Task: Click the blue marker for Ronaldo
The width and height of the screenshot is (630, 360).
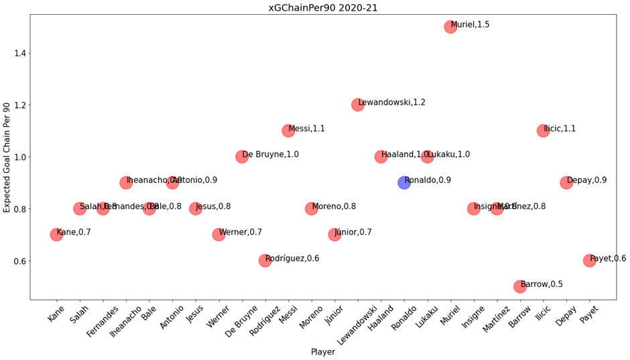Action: pyautogui.click(x=404, y=182)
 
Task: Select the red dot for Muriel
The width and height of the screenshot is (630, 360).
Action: pyautogui.click(x=450, y=27)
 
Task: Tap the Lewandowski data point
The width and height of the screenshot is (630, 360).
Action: pyautogui.click(x=358, y=105)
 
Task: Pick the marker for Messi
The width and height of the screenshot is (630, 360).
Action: pyautogui.click(x=288, y=131)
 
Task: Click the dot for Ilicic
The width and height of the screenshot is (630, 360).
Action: pyautogui.click(x=544, y=131)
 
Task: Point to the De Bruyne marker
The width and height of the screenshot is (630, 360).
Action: pyautogui.click(x=242, y=156)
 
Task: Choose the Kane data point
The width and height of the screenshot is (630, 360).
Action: pyautogui.click(x=56, y=235)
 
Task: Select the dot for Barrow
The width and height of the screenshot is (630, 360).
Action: pyautogui.click(x=520, y=286)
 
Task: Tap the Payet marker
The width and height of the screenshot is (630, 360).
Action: pyautogui.click(x=590, y=260)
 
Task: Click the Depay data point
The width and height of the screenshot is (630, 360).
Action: pyautogui.click(x=566, y=182)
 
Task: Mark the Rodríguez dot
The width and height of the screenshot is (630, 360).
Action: pyautogui.click(x=265, y=260)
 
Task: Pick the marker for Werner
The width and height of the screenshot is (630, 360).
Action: pyautogui.click(x=218, y=235)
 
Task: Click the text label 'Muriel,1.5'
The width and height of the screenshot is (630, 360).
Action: pyautogui.click(x=470, y=25)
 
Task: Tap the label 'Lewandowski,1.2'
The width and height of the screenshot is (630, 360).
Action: pyautogui.click(x=392, y=103)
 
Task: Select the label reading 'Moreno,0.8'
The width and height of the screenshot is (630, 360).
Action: pyautogui.click(x=334, y=206)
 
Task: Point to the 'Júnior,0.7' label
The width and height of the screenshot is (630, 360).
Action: pyautogui.click(x=353, y=233)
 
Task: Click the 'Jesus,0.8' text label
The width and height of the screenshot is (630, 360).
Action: pyautogui.click(x=214, y=206)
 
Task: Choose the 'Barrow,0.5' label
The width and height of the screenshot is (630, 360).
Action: pyautogui.click(x=542, y=284)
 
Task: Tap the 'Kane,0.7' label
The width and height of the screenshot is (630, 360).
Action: pyautogui.click(x=74, y=233)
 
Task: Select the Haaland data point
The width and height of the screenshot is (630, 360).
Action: pyautogui.click(x=381, y=156)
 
